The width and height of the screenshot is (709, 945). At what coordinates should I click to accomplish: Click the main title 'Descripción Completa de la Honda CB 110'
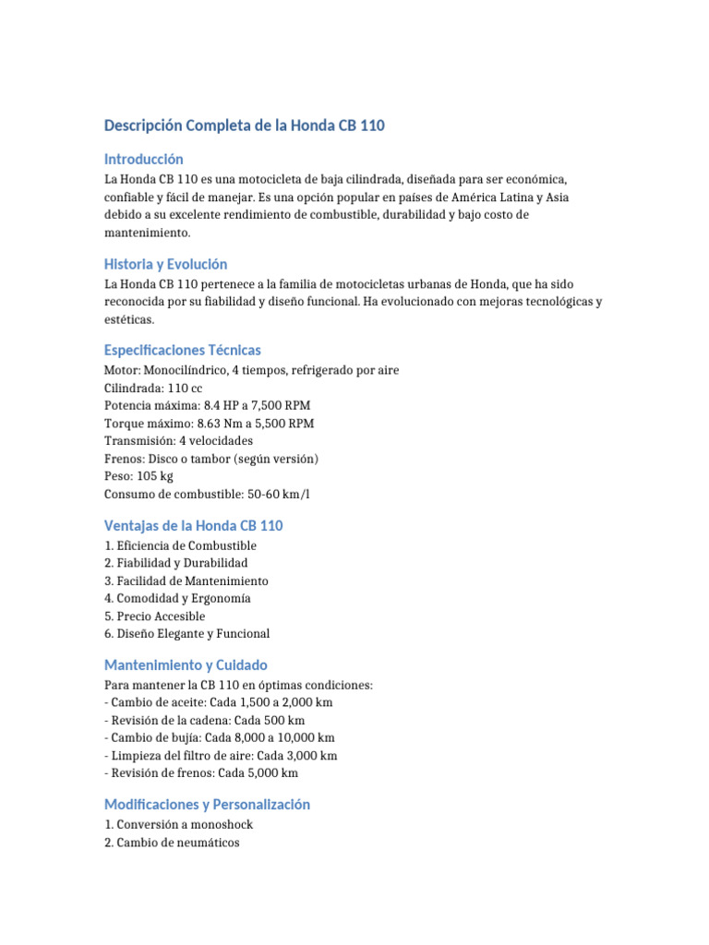click(245, 125)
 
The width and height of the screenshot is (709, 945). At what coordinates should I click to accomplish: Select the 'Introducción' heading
click(144, 159)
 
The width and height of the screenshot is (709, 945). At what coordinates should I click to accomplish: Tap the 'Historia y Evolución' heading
click(165, 264)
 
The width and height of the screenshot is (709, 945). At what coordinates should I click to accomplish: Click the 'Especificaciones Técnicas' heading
click(183, 350)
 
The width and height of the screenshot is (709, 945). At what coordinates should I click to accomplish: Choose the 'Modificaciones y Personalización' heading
click(207, 804)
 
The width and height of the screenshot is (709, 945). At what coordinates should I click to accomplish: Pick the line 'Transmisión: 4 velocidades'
click(178, 441)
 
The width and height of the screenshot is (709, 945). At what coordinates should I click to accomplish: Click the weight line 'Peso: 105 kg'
click(138, 476)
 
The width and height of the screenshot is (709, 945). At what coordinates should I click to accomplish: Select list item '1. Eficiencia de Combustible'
click(180, 546)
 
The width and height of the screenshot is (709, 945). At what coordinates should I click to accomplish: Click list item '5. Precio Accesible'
click(155, 616)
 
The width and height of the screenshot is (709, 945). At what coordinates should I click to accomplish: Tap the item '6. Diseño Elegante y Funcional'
click(187, 634)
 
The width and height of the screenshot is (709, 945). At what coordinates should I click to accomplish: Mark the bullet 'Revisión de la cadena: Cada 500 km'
click(205, 721)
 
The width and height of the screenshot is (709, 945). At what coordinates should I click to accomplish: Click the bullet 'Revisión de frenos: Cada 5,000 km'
click(201, 773)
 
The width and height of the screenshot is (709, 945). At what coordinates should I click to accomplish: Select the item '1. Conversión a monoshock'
click(178, 825)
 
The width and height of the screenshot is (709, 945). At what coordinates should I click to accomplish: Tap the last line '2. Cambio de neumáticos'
click(172, 843)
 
